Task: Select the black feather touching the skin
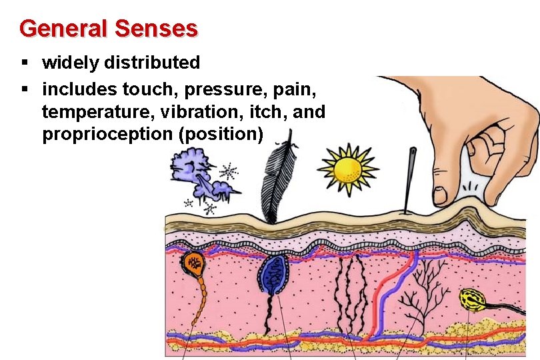[274, 180]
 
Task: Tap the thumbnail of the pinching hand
[440, 194]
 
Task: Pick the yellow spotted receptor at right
[472, 300]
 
